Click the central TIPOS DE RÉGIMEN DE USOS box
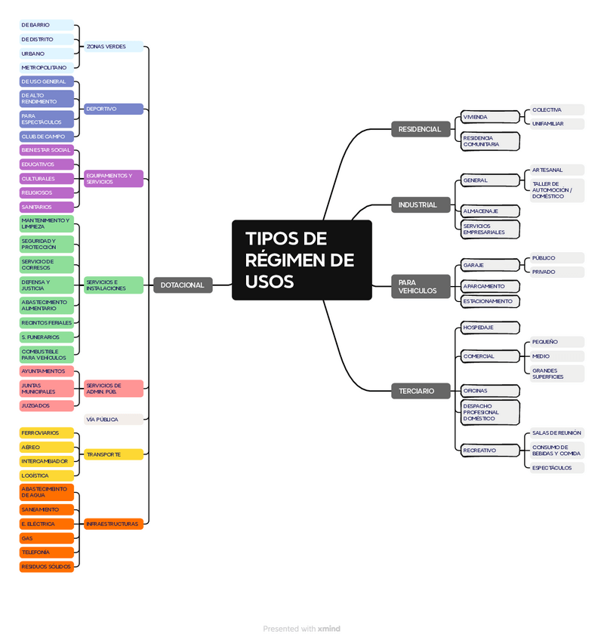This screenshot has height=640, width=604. click(301, 260)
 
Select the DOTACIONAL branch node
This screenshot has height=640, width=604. click(182, 285)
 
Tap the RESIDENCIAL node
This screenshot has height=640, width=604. click(419, 129)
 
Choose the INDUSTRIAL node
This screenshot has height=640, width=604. click(418, 205)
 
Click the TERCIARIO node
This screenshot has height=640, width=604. click(417, 391)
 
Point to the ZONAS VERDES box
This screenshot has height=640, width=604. click(112, 47)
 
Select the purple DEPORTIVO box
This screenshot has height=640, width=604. click(112, 109)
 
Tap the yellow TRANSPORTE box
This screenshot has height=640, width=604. click(112, 454)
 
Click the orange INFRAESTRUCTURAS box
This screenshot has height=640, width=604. click(112, 523)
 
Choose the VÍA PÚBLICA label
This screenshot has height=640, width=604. click(112, 419)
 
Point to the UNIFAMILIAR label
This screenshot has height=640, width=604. click(556, 123)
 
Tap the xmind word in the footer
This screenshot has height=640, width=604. click(329, 629)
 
